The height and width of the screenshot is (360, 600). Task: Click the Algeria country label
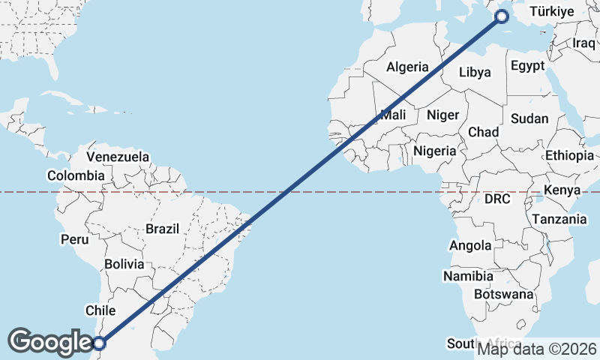point(408,67)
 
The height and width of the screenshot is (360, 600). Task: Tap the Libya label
point(475,73)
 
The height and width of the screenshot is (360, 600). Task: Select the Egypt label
point(528,66)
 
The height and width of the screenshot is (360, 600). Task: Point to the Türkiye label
point(551,11)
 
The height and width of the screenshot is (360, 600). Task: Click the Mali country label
point(393,115)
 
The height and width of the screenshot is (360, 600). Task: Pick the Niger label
point(442,115)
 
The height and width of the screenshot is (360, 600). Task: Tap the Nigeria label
point(435,151)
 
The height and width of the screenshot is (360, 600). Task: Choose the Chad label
point(484,132)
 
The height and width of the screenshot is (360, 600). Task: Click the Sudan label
point(529,118)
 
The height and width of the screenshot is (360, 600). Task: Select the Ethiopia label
point(569,155)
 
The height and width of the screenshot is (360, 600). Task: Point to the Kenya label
point(562,190)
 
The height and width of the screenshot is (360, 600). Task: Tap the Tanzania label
point(559,219)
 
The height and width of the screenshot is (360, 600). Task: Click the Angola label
point(470,245)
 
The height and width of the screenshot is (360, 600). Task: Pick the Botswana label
point(502,295)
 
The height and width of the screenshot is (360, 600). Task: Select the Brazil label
point(163,229)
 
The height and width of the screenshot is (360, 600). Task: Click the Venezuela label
point(118,157)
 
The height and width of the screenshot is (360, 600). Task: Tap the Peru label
point(75,240)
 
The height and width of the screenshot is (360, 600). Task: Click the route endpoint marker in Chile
point(100,343)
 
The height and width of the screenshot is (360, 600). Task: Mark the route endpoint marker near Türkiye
point(502,16)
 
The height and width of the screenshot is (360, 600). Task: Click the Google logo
point(50,342)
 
